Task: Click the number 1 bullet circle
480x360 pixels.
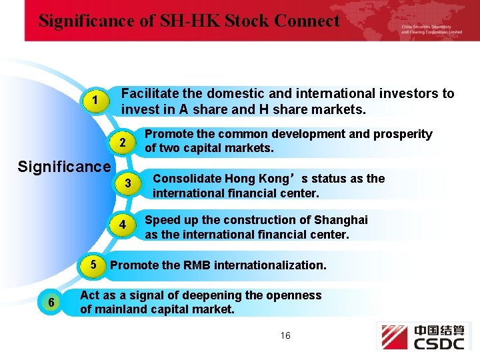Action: pos(97,101)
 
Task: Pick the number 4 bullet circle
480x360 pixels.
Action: pos(123,225)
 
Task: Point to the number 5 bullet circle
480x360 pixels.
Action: pos(94,265)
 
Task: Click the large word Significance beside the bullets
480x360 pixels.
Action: pos(65,165)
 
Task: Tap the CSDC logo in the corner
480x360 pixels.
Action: pos(424,337)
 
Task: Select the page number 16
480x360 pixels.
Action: pos(285,335)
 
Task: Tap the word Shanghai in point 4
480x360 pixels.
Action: pos(341,220)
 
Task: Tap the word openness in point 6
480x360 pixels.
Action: pos(295,295)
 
